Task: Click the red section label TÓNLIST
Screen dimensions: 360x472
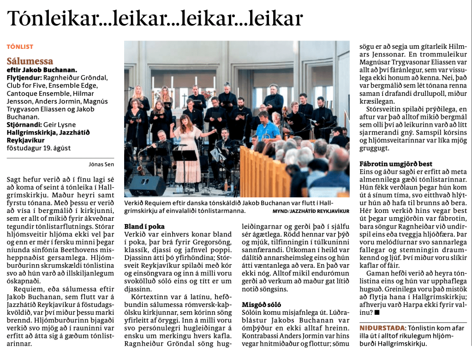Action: pos(20,47)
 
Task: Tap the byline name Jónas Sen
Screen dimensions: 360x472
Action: pos(102,163)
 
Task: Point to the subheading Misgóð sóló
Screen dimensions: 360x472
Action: pos(260,305)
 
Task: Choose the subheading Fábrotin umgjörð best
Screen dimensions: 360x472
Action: pos(395,164)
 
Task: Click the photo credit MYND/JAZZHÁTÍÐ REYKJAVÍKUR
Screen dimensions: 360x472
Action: pos(311,211)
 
